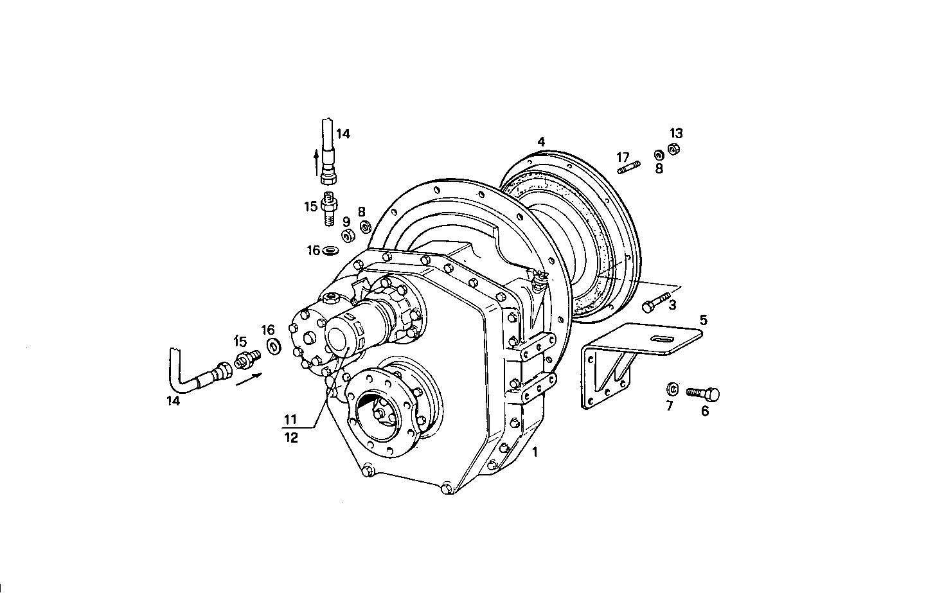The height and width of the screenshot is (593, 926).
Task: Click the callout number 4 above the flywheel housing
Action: pyautogui.click(x=541, y=141)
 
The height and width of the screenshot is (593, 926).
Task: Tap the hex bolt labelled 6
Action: pyautogui.click(x=703, y=393)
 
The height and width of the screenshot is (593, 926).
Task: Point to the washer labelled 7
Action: pyautogui.click(x=672, y=389)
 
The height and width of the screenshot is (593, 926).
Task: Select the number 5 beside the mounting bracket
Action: pyautogui.click(x=703, y=319)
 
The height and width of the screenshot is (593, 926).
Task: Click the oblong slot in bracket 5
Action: pyautogui.click(x=660, y=339)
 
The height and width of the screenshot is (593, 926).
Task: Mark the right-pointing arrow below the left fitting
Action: pyautogui.click(x=248, y=381)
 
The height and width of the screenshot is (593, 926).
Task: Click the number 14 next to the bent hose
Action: pyautogui.click(x=173, y=401)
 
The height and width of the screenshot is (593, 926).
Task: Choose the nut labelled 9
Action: pyautogui.click(x=347, y=236)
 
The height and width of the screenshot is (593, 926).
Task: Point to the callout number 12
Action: pyautogui.click(x=291, y=438)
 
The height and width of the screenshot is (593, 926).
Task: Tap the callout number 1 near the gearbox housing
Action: pyautogui.click(x=535, y=452)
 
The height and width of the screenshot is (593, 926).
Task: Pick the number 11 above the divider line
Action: pyautogui.click(x=290, y=420)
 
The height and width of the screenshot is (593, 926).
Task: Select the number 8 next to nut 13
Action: pyautogui.click(x=659, y=169)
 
